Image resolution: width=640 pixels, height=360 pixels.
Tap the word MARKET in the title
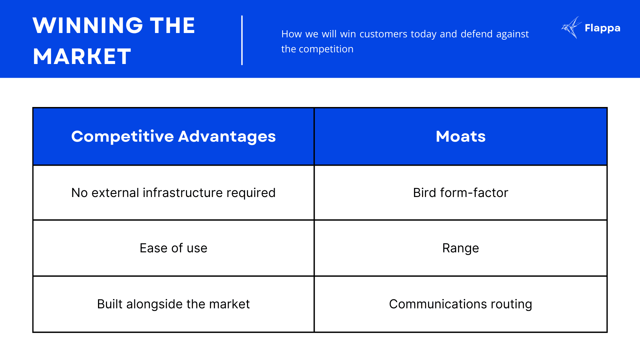tap(82, 56)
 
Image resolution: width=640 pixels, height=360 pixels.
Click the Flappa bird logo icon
tap(571, 28)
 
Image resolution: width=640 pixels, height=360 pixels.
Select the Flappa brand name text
tap(602, 28)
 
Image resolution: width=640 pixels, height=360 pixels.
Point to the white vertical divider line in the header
tap(242, 40)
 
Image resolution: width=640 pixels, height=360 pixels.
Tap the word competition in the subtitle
tap(326, 49)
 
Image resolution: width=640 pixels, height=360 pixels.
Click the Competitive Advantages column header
tap(173, 137)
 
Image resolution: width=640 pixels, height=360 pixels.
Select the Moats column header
tap(461, 137)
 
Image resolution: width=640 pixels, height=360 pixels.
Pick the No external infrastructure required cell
tap(173, 193)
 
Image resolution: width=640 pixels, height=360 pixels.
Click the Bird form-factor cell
tap(461, 193)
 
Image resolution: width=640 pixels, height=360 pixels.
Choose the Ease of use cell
tap(173, 248)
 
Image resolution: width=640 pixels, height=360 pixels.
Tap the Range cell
tap(461, 248)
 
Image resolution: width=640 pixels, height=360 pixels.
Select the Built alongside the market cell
tap(173, 304)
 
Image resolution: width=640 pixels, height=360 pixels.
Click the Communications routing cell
tap(461, 304)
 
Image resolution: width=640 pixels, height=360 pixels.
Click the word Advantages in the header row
tap(227, 137)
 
